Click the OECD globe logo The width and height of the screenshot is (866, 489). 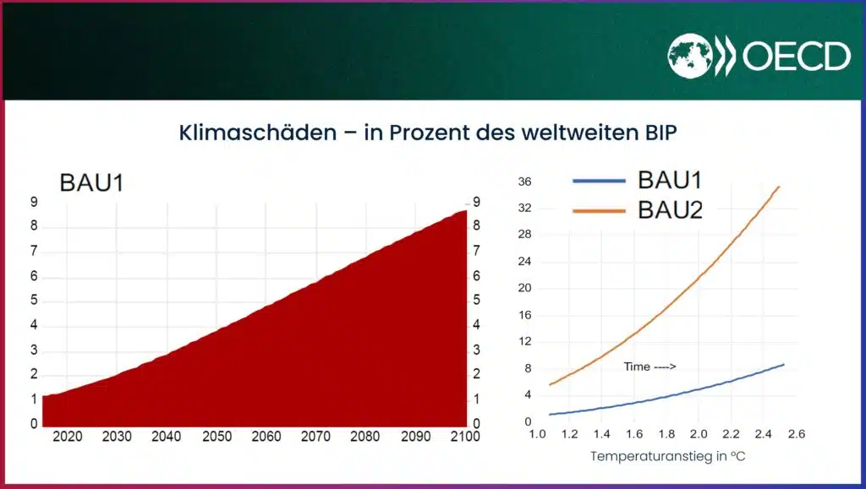690,56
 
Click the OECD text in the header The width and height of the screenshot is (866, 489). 797,57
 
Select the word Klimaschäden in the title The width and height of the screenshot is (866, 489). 258,133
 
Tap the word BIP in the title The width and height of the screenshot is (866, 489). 661,133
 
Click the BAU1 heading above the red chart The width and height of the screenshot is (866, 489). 91,183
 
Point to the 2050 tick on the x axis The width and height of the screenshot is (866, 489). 216,437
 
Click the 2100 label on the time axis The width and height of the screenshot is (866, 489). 465,437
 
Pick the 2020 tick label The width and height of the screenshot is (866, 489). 68,437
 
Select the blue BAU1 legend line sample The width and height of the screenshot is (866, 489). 600,181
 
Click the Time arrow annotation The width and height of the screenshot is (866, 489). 649,367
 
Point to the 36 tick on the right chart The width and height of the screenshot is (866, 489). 524,182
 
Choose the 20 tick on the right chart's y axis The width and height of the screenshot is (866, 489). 524,288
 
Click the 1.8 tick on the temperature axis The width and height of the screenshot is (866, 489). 666,434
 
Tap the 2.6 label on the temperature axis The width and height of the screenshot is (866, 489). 796,434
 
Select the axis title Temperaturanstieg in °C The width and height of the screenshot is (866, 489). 668,456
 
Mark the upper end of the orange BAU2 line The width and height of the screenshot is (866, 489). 779,187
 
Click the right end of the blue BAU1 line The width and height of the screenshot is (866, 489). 783,364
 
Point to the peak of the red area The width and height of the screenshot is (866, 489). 465,210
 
